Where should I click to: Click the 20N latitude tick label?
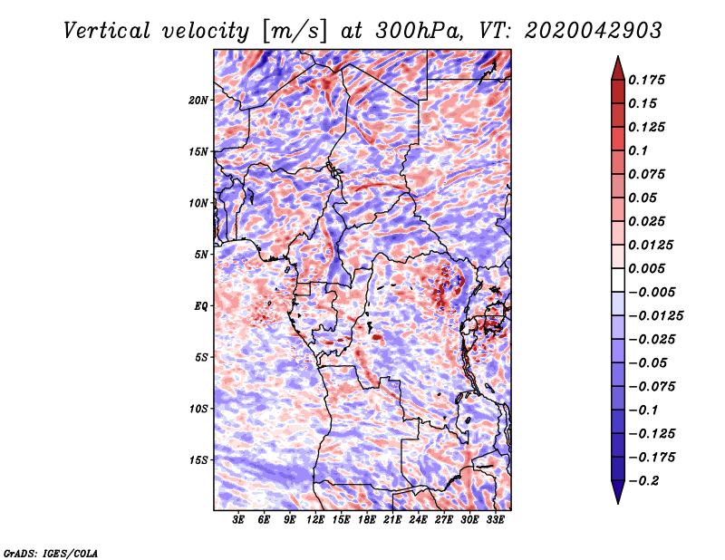[198, 101]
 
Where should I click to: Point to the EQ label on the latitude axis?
[201, 306]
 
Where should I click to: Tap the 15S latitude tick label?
[198, 460]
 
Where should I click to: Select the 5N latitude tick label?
[201, 255]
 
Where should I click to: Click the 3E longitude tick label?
[238, 520]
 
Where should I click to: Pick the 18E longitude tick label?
[367, 520]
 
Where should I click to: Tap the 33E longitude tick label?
[495, 520]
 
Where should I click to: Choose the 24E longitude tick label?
[418, 520]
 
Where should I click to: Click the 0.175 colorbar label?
[646, 80]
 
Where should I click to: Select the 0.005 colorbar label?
[646, 268]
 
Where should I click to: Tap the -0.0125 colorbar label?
[655, 316]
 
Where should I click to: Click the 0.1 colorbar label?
[638, 150]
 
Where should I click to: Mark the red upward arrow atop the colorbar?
[618, 68]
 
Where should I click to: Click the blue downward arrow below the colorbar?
[618, 492]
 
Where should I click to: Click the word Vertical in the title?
[106, 31]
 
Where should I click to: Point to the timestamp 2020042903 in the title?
[594, 31]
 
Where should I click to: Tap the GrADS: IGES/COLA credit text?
[51, 553]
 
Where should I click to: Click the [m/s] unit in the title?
[295, 32]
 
